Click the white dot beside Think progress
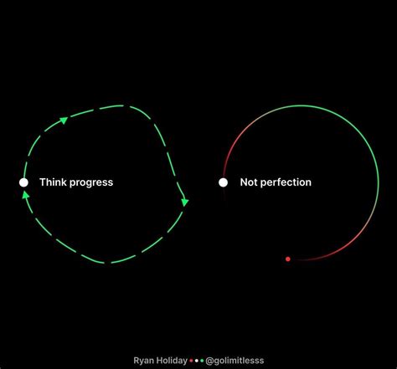pyautogui.click(x=23, y=182)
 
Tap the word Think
pyautogui.click(x=53, y=182)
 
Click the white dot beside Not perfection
pyautogui.click(x=224, y=182)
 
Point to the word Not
pyautogui.click(x=249, y=182)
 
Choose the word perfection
pyautogui.click(x=286, y=182)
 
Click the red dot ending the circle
pyautogui.click(x=287, y=259)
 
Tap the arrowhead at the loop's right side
pyautogui.click(x=185, y=201)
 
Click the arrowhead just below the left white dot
pyautogui.click(x=25, y=196)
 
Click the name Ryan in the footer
pyautogui.click(x=144, y=359)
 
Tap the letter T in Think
pyautogui.click(x=42, y=182)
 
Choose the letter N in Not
pyautogui.click(x=244, y=182)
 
